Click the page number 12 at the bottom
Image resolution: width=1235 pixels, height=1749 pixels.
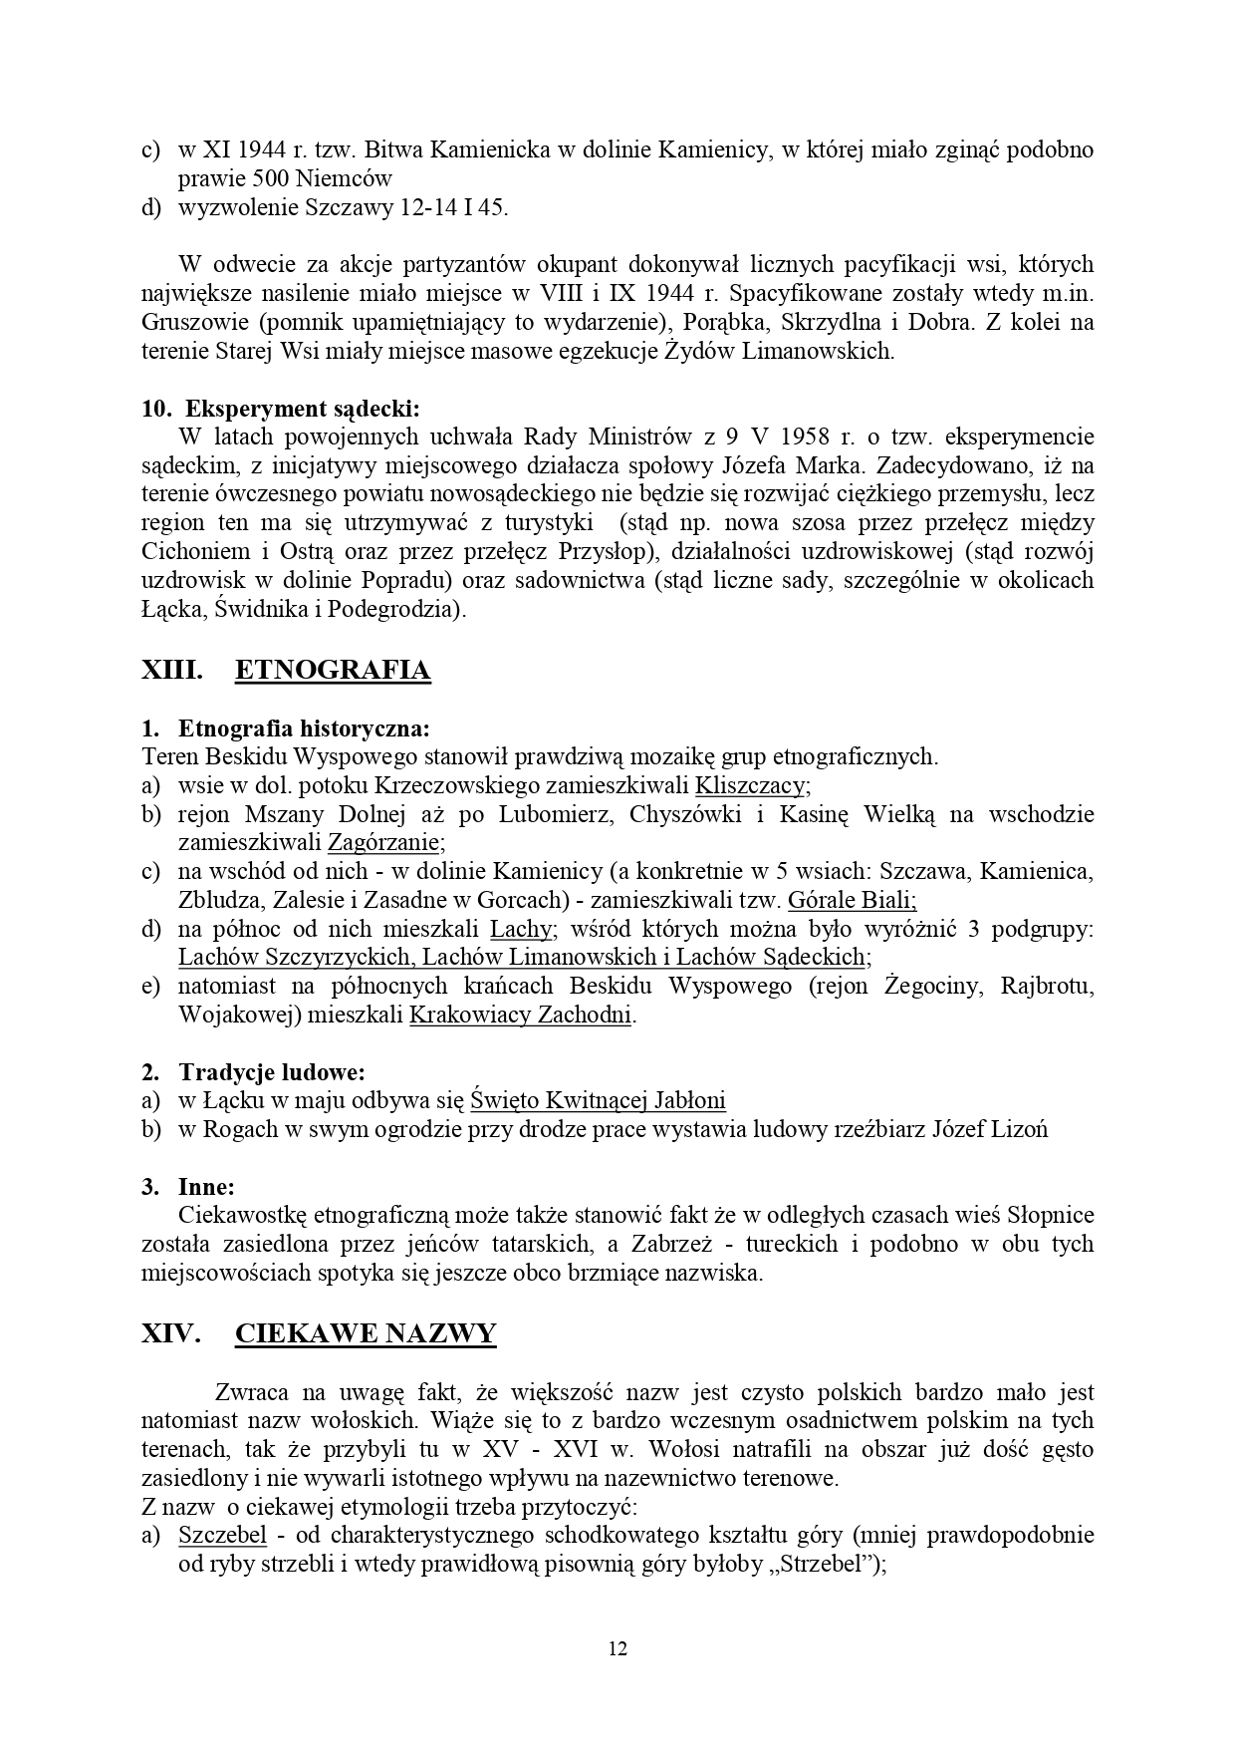pos(617,1648)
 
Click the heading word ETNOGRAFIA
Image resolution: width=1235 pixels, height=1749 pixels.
pos(333,671)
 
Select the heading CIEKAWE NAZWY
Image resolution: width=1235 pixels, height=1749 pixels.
pos(366,1334)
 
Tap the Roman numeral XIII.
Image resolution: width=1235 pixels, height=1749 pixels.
pos(172,671)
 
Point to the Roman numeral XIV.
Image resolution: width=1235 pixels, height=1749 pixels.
pos(172,1334)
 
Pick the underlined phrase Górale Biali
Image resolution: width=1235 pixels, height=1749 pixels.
pos(852,901)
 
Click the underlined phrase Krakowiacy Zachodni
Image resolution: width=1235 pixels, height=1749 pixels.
pos(521,1017)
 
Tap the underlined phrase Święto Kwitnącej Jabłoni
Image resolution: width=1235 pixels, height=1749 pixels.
pos(598,1101)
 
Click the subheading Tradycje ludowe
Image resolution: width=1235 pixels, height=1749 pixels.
pos(271,1072)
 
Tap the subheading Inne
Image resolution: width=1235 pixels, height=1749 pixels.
pos(206,1187)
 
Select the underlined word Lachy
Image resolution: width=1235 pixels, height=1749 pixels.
pos(521,930)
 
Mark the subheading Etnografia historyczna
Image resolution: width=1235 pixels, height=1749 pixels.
pos(304,728)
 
